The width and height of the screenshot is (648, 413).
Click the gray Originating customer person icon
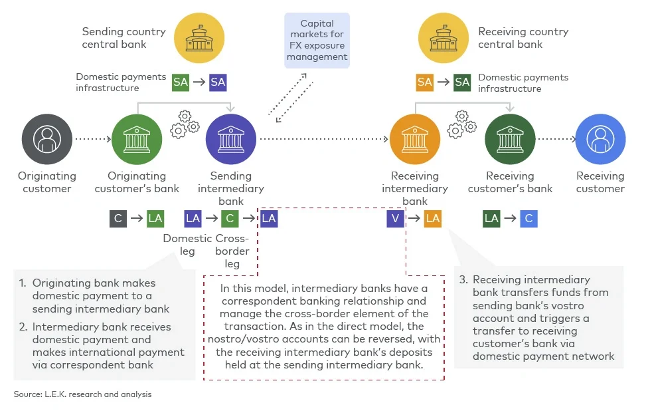(46, 140)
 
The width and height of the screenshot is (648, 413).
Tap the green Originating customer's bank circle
(137, 140)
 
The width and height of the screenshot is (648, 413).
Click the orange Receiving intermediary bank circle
(415, 140)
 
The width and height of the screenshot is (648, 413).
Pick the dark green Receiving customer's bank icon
(510, 140)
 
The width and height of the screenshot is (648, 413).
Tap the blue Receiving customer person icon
(600, 140)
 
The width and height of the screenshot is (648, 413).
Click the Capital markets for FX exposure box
(317, 40)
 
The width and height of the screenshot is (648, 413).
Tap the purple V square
(396, 218)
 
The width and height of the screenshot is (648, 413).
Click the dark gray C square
(118, 218)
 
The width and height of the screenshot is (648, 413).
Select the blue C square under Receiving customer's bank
(528, 218)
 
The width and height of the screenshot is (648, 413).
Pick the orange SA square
(425, 82)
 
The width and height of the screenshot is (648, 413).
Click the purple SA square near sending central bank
(218, 82)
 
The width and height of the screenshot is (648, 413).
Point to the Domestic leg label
(188, 245)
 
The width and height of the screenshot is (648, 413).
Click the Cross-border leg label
(232, 251)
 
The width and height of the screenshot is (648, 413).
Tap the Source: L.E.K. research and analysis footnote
(82, 394)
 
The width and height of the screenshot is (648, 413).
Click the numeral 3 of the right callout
(463, 279)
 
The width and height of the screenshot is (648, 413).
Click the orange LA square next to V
(433, 218)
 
